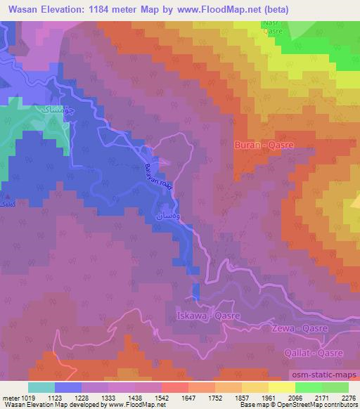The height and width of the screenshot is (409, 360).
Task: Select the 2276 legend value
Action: tap(348, 397)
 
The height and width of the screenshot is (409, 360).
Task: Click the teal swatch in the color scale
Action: tap(41, 387)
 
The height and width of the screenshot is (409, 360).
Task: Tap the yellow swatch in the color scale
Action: tap(282, 387)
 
